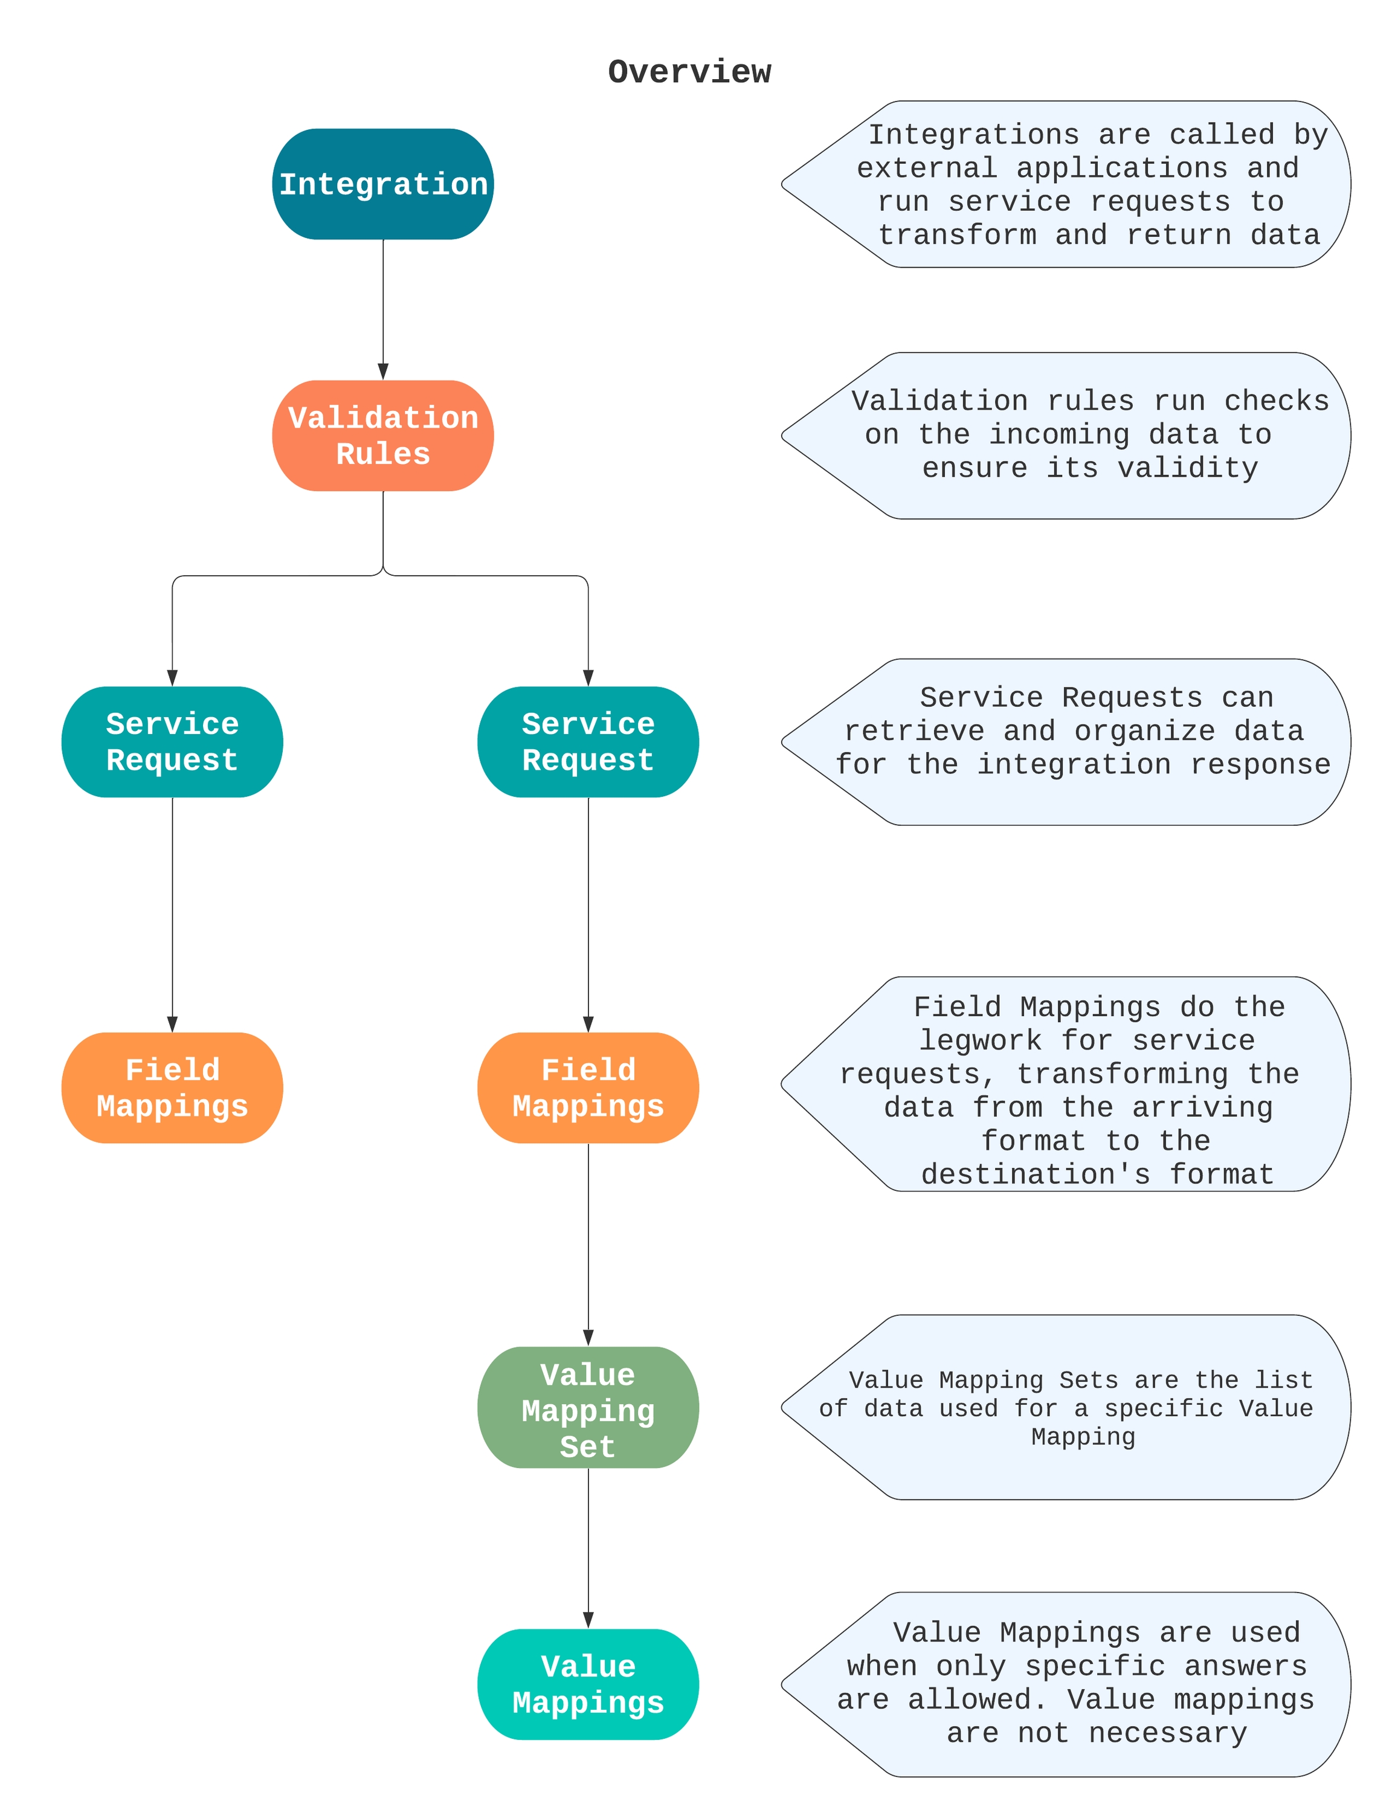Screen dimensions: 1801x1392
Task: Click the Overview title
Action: [689, 72]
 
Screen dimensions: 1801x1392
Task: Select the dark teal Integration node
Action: [382, 184]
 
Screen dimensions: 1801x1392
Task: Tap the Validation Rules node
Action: [382, 436]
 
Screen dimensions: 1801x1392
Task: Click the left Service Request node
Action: [172, 741]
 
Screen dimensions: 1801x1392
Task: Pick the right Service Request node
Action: [588, 741]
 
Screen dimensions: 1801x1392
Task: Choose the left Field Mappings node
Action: [172, 1087]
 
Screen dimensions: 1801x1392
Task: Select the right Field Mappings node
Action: [588, 1087]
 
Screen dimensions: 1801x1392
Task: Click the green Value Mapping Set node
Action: [588, 1410]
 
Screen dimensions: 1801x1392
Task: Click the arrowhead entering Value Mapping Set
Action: [588, 1337]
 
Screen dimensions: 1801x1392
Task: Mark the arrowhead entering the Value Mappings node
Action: [588, 1620]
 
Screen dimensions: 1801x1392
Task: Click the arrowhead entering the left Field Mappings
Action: [172, 1023]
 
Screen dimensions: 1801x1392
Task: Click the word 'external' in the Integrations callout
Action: [926, 168]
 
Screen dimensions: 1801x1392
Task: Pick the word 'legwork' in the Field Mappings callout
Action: [981, 1041]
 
